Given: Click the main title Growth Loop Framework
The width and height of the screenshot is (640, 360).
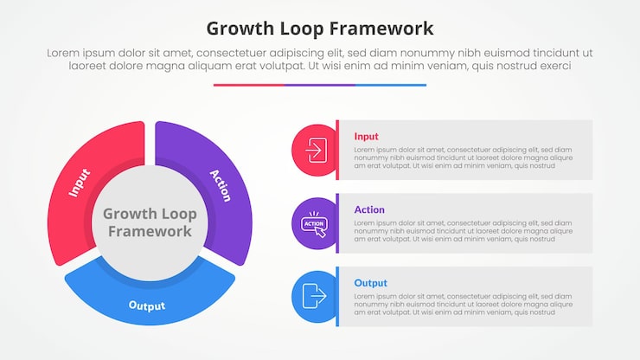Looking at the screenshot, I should (320, 28).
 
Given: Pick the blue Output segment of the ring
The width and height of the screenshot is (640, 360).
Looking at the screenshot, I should (149, 301).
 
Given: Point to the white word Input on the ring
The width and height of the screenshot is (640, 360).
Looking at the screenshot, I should (80, 183).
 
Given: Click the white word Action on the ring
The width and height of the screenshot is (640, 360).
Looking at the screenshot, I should (221, 185).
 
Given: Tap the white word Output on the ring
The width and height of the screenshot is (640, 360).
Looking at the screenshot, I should (147, 305).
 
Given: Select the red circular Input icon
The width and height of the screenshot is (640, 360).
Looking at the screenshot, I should (314, 151).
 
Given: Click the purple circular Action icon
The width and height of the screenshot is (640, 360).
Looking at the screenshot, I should (314, 224).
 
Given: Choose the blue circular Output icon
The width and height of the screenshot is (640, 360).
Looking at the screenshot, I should (314, 297).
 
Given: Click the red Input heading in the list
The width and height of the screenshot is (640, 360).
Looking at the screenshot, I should (366, 136).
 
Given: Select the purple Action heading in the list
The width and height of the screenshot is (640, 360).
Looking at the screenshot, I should (369, 209).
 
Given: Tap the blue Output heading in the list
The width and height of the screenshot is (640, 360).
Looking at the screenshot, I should (370, 283).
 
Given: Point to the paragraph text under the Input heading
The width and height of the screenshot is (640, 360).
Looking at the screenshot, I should (463, 157).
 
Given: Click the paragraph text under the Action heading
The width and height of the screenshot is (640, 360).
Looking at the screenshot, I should (463, 231).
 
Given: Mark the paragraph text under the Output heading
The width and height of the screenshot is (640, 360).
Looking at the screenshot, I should (463, 305).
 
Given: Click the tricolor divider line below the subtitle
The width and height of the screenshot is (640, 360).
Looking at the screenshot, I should (320, 85).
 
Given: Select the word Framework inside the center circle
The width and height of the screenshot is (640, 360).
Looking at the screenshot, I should (150, 231).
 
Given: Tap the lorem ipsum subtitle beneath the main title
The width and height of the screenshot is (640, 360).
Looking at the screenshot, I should (320, 59).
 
